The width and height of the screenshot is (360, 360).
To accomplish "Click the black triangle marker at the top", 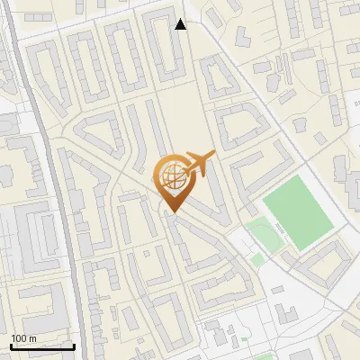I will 181,24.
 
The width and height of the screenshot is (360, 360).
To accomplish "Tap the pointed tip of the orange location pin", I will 171,211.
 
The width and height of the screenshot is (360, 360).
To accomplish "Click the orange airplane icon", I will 199,164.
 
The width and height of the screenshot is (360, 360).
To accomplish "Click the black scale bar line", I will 42,346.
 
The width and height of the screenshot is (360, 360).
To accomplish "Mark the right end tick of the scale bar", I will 74,344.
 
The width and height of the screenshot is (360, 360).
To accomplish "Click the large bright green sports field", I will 299,211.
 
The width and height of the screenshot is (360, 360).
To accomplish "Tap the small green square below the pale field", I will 258,260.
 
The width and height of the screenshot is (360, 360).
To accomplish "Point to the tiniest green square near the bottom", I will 244,339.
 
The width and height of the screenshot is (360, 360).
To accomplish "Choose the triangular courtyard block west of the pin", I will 99,135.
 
